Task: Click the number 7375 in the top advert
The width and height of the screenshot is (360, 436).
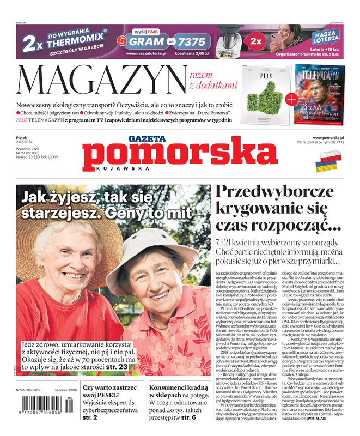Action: click(192, 41)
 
